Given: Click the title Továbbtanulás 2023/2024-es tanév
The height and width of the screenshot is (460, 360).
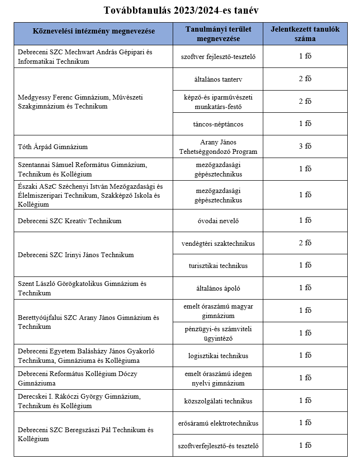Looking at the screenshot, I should pos(181,10).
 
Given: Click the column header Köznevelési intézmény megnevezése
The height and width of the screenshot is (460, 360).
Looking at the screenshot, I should pos(93,31).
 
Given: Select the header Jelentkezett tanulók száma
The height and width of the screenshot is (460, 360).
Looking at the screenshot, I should pos(305,33).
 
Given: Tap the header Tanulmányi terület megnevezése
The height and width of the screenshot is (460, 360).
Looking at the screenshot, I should pos(218,33).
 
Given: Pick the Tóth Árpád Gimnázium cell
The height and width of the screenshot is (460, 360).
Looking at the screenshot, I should pos(53,147).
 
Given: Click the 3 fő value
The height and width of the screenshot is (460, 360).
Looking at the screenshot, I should pos(305,146).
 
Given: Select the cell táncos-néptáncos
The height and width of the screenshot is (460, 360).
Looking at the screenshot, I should pos(218,124).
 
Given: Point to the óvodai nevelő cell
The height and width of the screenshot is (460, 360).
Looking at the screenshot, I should pos(218,221).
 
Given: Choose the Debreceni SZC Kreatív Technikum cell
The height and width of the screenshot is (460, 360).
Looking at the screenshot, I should pos(69,221).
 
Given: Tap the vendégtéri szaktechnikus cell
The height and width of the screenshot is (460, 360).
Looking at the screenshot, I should pos(218,243).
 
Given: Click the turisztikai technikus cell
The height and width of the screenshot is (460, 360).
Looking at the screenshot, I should pos(218,266).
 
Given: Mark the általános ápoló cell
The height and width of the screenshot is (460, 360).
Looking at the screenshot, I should pos(218,288).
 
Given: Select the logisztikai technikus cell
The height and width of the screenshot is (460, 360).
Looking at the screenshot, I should pos(218,356).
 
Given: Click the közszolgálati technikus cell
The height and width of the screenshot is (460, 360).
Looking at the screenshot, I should pos(218,401).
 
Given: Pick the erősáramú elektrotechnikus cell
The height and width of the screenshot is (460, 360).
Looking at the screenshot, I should pos(218,423).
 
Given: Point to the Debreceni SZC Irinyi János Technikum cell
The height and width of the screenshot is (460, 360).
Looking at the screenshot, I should pos(75,255).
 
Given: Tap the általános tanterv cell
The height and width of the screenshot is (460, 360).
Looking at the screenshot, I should pos(218,79).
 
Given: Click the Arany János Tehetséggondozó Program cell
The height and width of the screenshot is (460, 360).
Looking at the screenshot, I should pos(218,147).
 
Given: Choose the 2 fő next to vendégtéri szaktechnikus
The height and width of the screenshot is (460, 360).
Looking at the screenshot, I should pos(305,243).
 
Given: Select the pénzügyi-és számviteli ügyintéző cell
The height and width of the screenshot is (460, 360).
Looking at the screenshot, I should pos(218,333).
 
